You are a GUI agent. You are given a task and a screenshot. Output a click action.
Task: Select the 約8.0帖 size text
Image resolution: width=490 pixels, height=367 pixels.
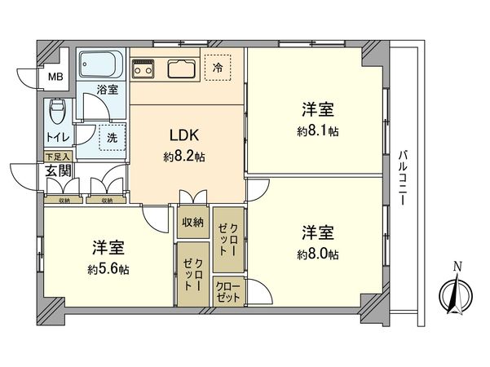pyautogui.click(x=319, y=254)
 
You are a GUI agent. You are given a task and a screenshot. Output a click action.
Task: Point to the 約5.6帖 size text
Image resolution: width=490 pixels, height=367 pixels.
pyautogui.click(x=108, y=269)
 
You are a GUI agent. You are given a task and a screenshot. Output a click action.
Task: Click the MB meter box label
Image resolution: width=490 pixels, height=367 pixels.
pyautogui.click(x=54, y=78)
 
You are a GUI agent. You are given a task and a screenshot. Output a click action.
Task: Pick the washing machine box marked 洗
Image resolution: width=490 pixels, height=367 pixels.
pyautogui.click(x=112, y=137)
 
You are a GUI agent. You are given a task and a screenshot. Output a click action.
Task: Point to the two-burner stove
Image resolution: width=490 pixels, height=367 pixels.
pyautogui.click(x=145, y=68)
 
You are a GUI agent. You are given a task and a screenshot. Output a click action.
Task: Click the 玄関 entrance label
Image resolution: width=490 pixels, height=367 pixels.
pyautogui.click(x=57, y=170)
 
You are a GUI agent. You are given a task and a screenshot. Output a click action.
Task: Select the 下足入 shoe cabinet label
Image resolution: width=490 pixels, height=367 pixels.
pyautogui.click(x=57, y=156)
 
